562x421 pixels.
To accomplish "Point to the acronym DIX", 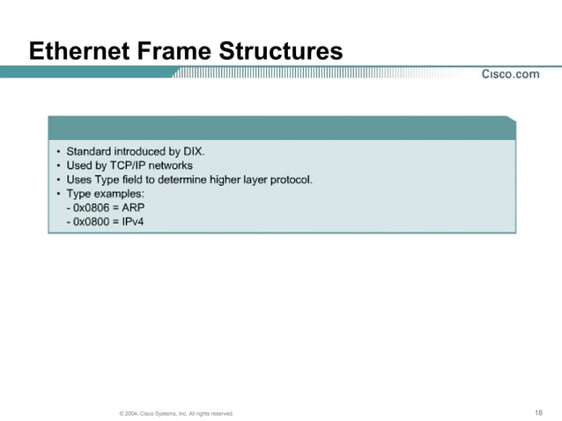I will [193, 151].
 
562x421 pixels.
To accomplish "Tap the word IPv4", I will [135, 221].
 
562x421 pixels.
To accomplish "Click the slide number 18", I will [538, 412].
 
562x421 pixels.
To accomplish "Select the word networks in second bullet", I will [171, 165].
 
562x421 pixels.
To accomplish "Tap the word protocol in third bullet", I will [290, 179].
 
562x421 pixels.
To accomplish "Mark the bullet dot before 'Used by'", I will [58, 166].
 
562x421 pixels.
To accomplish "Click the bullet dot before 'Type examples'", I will [58, 194].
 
